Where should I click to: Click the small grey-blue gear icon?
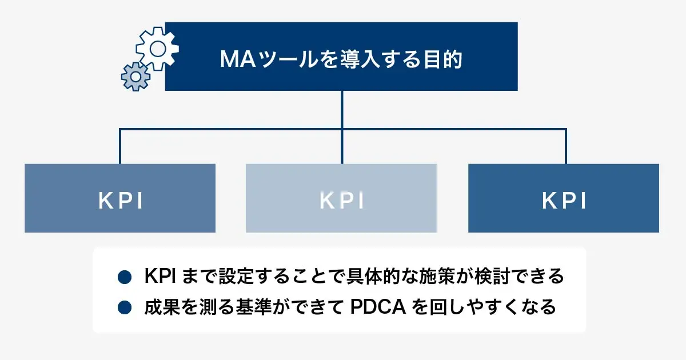click(x=136, y=76)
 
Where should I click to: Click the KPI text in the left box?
click(x=120, y=201)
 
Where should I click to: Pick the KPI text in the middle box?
click(x=341, y=201)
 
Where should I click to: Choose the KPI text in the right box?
click(x=564, y=201)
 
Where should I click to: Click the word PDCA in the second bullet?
click(x=377, y=307)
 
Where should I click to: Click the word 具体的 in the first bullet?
click(x=374, y=277)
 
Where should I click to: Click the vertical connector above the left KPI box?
click(x=120, y=146)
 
